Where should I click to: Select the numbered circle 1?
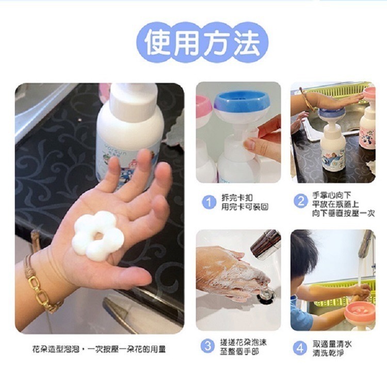(208, 203)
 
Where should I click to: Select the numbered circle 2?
(301, 201)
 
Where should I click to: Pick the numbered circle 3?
(207, 346)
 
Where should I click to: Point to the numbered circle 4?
(300, 348)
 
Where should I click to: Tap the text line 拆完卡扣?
(237, 198)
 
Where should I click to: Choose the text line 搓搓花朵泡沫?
(244, 342)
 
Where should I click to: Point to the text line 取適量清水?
(332, 344)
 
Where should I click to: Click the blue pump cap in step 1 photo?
(240, 103)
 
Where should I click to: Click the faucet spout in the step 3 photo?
(265, 245)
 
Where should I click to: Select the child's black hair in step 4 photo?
(304, 254)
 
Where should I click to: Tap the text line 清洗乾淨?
(328, 353)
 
